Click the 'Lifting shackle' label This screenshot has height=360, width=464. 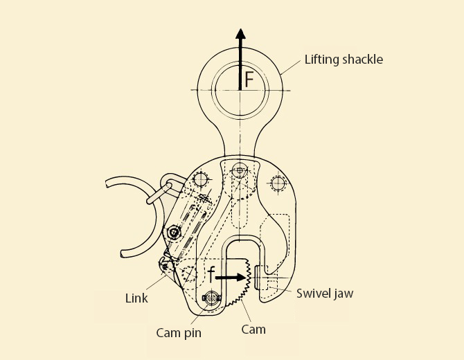343,59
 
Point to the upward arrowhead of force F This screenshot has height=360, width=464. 240,35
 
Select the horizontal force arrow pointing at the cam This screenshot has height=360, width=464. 231,277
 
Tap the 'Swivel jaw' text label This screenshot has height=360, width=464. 325,294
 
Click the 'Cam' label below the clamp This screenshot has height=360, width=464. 253,330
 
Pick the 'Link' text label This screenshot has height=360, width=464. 136,298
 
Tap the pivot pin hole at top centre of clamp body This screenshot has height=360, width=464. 240,169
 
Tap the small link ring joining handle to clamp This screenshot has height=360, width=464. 160,190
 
